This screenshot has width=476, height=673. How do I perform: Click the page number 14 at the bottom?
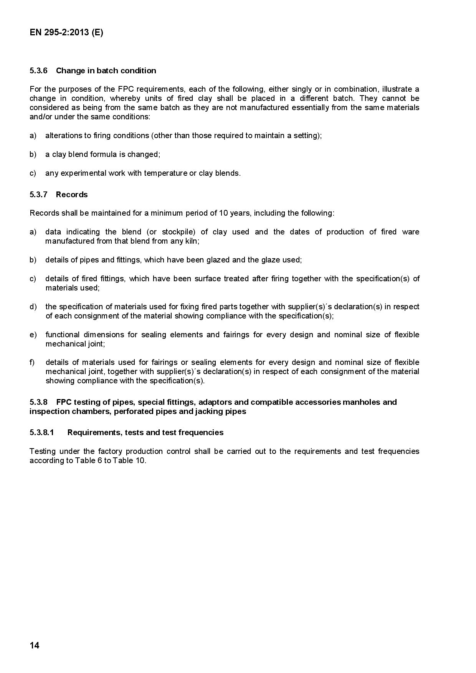pos(35,645)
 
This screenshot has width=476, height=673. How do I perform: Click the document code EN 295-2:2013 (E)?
pos(66,33)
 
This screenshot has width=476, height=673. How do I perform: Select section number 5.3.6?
pos(38,71)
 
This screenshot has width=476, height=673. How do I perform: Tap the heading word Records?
pos(72,195)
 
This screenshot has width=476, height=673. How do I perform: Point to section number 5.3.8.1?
pos(42,432)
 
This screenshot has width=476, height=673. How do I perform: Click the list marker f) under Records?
pos(32,362)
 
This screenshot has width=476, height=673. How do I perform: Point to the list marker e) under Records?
pos(33,335)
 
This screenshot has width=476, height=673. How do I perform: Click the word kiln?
pos(192,241)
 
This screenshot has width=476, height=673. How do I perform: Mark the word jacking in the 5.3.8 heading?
pos(208,411)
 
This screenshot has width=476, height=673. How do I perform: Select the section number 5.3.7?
pos(38,195)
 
